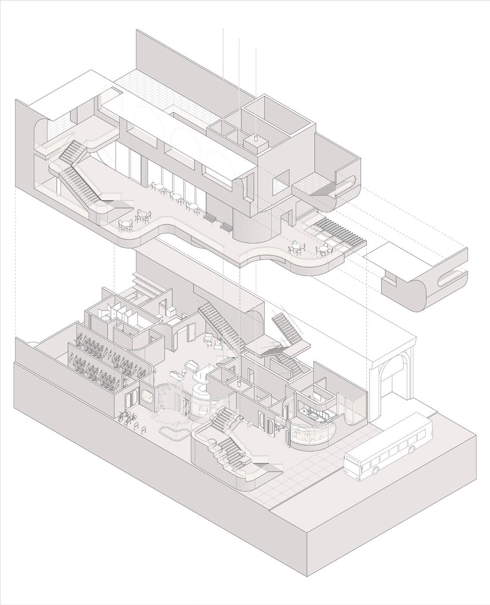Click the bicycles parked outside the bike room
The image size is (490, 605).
click(x=125, y=416)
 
